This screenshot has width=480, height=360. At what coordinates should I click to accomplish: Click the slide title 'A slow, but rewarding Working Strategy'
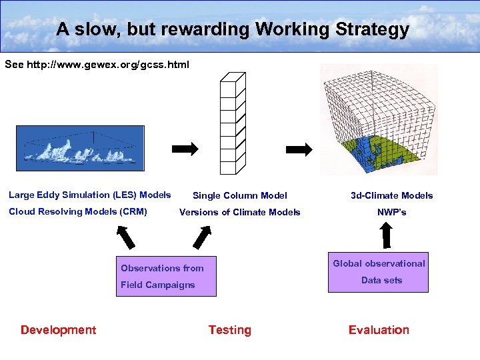[232, 29]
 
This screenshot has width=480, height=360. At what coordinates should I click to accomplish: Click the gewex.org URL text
[97, 65]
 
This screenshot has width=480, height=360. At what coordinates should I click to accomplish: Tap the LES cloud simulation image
[80, 149]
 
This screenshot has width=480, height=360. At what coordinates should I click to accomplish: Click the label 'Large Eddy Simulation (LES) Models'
[89, 195]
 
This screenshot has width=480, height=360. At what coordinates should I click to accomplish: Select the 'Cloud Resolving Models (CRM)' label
[77, 211]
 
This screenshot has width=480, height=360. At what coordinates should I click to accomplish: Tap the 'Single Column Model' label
[240, 195]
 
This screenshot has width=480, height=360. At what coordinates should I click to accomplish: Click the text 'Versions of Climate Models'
[240, 212]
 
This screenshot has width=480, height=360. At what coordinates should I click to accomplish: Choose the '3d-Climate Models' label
[392, 195]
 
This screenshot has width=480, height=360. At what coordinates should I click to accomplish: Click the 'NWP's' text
[392, 212]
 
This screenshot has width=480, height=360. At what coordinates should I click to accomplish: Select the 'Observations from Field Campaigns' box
[166, 276]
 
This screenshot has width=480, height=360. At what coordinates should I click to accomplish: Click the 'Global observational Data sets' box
[379, 272]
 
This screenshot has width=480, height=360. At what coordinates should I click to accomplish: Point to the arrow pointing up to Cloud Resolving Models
[124, 237]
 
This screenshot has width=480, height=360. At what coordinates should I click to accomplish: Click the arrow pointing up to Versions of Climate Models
[201, 237]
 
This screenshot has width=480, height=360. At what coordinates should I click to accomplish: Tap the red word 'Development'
[58, 330]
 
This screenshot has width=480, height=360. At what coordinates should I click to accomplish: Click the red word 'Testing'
[229, 330]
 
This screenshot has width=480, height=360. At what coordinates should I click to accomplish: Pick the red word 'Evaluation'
[379, 330]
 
